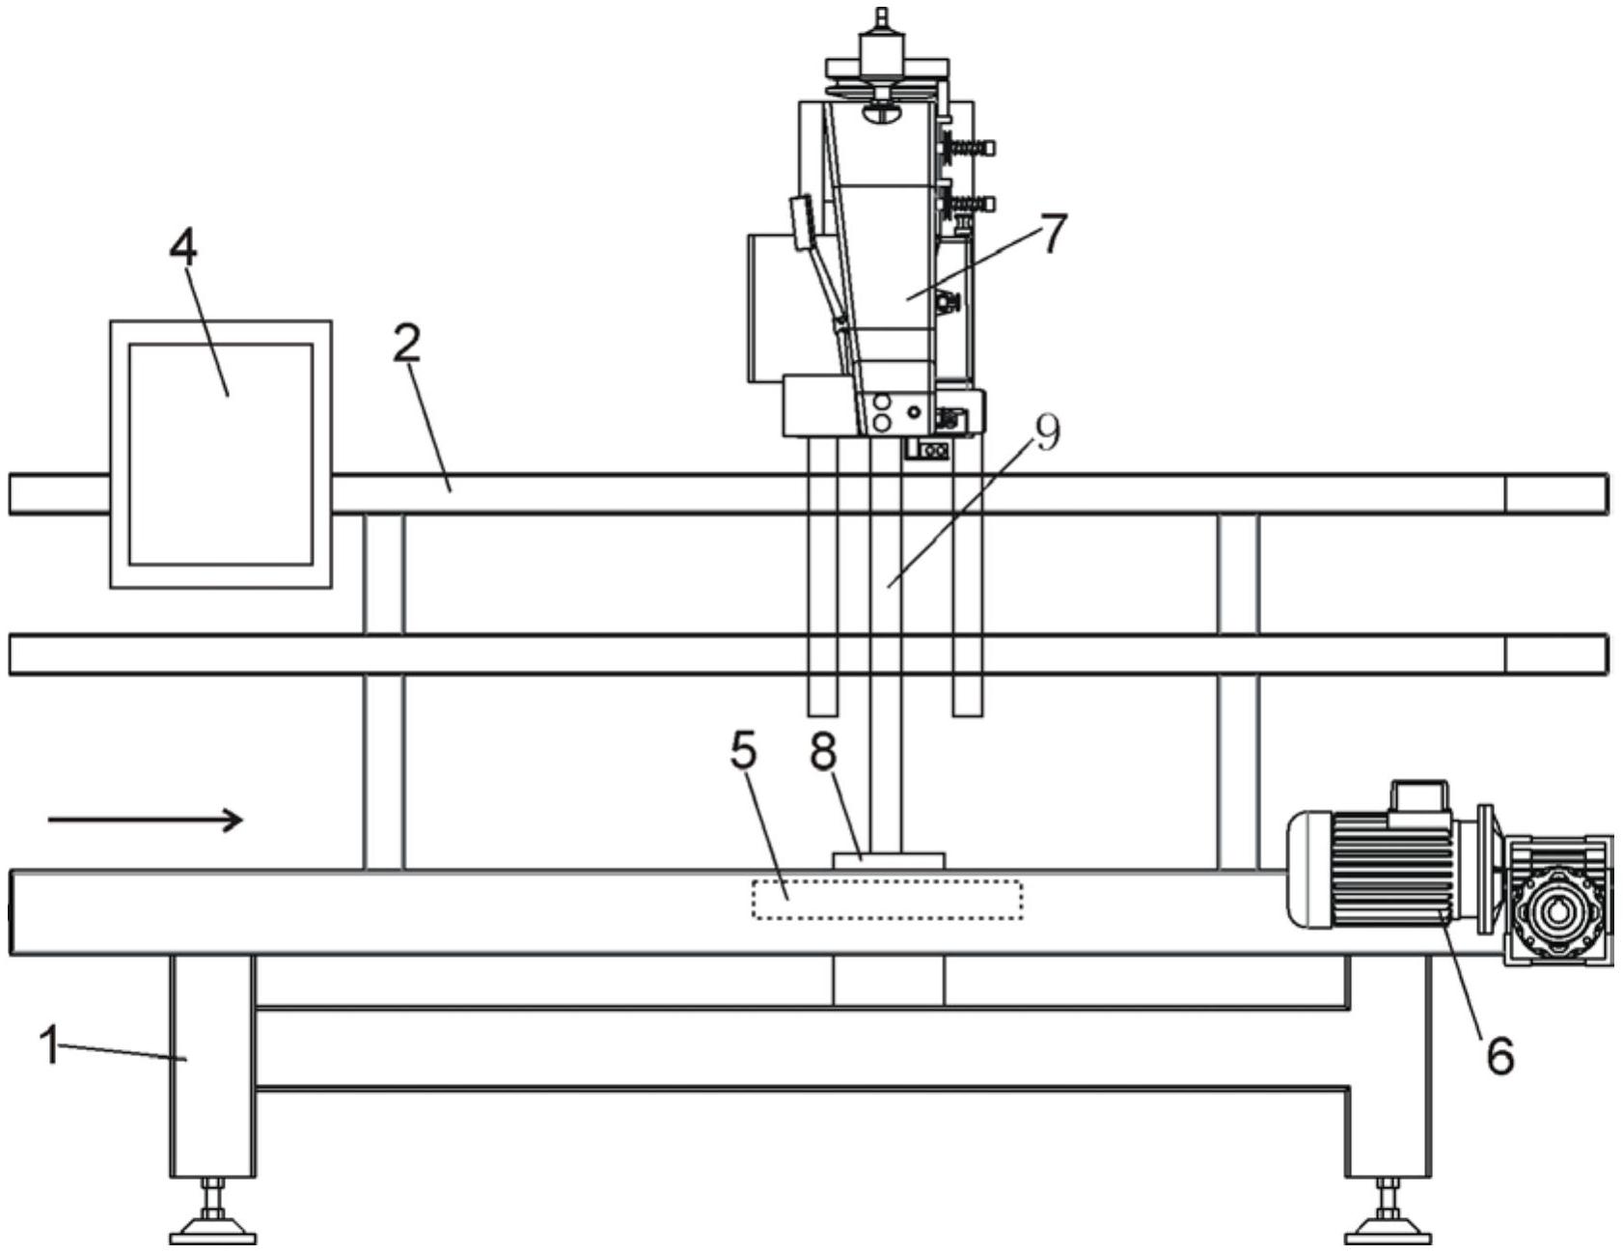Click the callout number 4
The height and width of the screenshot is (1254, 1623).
click(x=183, y=248)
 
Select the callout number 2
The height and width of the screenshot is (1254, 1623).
click(x=407, y=344)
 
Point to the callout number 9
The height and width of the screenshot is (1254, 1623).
click(x=1046, y=433)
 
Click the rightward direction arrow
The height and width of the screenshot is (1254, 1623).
click(x=145, y=821)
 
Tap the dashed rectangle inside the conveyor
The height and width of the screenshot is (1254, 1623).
click(x=887, y=900)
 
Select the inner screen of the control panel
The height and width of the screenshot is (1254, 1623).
click(x=221, y=454)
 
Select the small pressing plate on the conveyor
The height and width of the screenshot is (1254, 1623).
click(x=889, y=859)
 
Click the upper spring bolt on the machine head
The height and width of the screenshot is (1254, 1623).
click(x=971, y=148)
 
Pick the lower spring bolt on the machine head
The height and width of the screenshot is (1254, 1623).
click(x=971, y=205)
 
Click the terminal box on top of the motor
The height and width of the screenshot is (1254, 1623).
click(x=1418, y=796)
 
